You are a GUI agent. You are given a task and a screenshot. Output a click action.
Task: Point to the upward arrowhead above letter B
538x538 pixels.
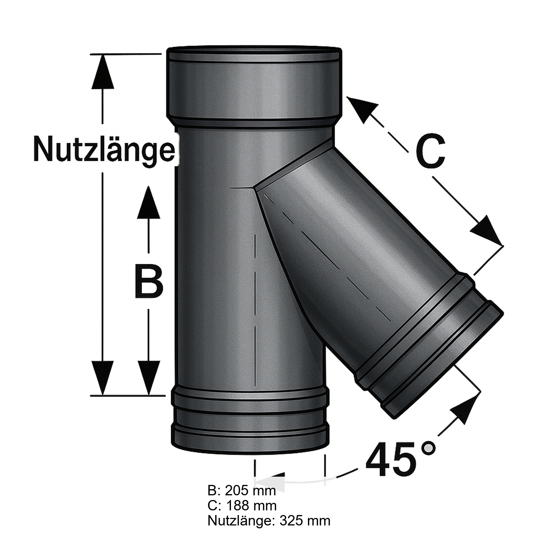tap(148, 203)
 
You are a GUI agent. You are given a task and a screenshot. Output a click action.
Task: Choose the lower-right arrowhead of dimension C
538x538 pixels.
tap(486, 230)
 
